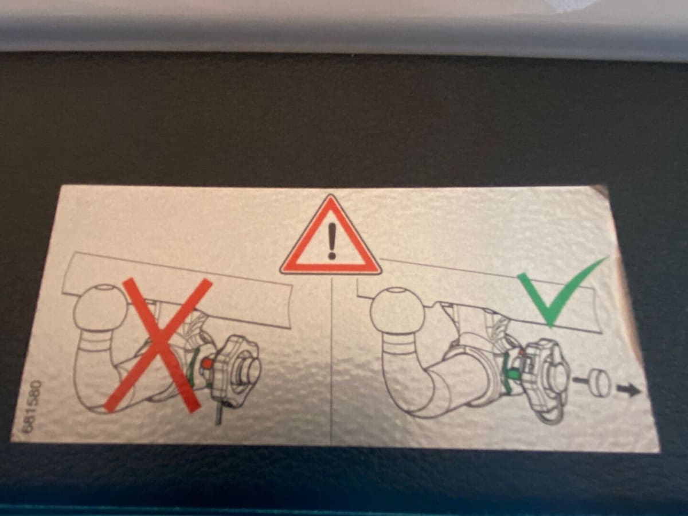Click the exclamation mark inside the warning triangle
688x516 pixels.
[x=331, y=243]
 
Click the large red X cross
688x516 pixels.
[x=159, y=345]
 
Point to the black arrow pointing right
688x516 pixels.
[x=628, y=390]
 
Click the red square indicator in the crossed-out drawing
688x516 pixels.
[x=206, y=363]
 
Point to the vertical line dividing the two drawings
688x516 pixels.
[x=331, y=360]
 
